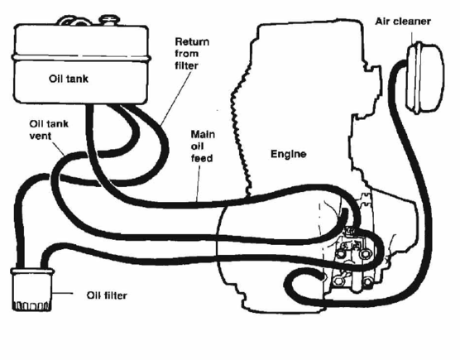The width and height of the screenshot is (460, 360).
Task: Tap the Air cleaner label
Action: click(x=404, y=22)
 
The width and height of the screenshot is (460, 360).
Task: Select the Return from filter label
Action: click(x=189, y=52)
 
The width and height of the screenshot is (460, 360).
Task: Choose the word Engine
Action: click(x=289, y=154)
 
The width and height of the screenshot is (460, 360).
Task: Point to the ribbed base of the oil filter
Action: click(x=32, y=305)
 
